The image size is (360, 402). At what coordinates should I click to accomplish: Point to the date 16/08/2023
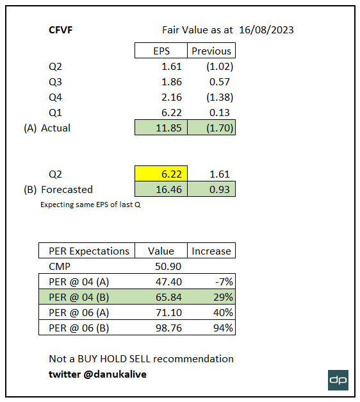266,29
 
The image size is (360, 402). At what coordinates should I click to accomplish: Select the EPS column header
161,51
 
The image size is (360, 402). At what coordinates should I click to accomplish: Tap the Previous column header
211,51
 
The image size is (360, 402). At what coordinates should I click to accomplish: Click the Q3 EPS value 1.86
170,82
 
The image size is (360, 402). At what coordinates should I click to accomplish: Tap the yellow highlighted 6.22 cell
161,174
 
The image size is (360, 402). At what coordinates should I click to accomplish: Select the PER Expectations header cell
89,251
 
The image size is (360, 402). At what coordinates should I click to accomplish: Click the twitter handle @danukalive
98,374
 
